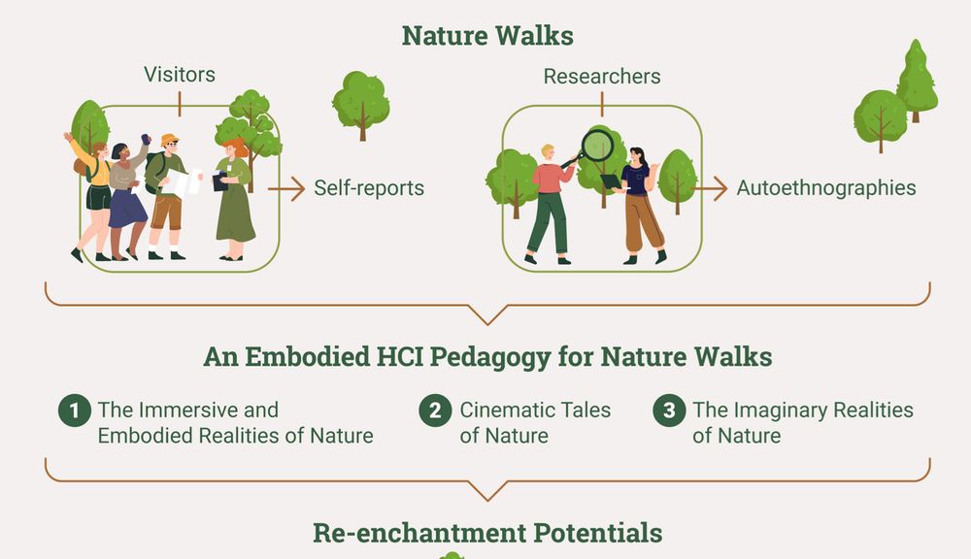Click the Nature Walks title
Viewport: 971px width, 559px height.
(487, 35)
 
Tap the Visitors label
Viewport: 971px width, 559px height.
(180, 75)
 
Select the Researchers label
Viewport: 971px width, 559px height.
(602, 76)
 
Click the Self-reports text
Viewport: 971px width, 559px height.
(369, 187)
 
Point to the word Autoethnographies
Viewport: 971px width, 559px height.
(826, 187)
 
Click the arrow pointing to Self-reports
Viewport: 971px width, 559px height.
(286, 189)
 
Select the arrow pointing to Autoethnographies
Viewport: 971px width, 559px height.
(710, 189)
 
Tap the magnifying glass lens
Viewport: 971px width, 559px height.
(597, 146)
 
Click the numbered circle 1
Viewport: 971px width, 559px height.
(75, 410)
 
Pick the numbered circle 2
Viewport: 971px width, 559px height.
(435, 410)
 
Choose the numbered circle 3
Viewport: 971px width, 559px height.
(669, 410)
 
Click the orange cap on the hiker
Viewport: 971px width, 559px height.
(169, 140)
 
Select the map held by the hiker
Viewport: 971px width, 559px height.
(184, 182)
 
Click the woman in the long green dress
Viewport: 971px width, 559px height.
(234, 199)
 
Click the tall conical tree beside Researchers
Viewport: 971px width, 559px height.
(918, 81)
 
